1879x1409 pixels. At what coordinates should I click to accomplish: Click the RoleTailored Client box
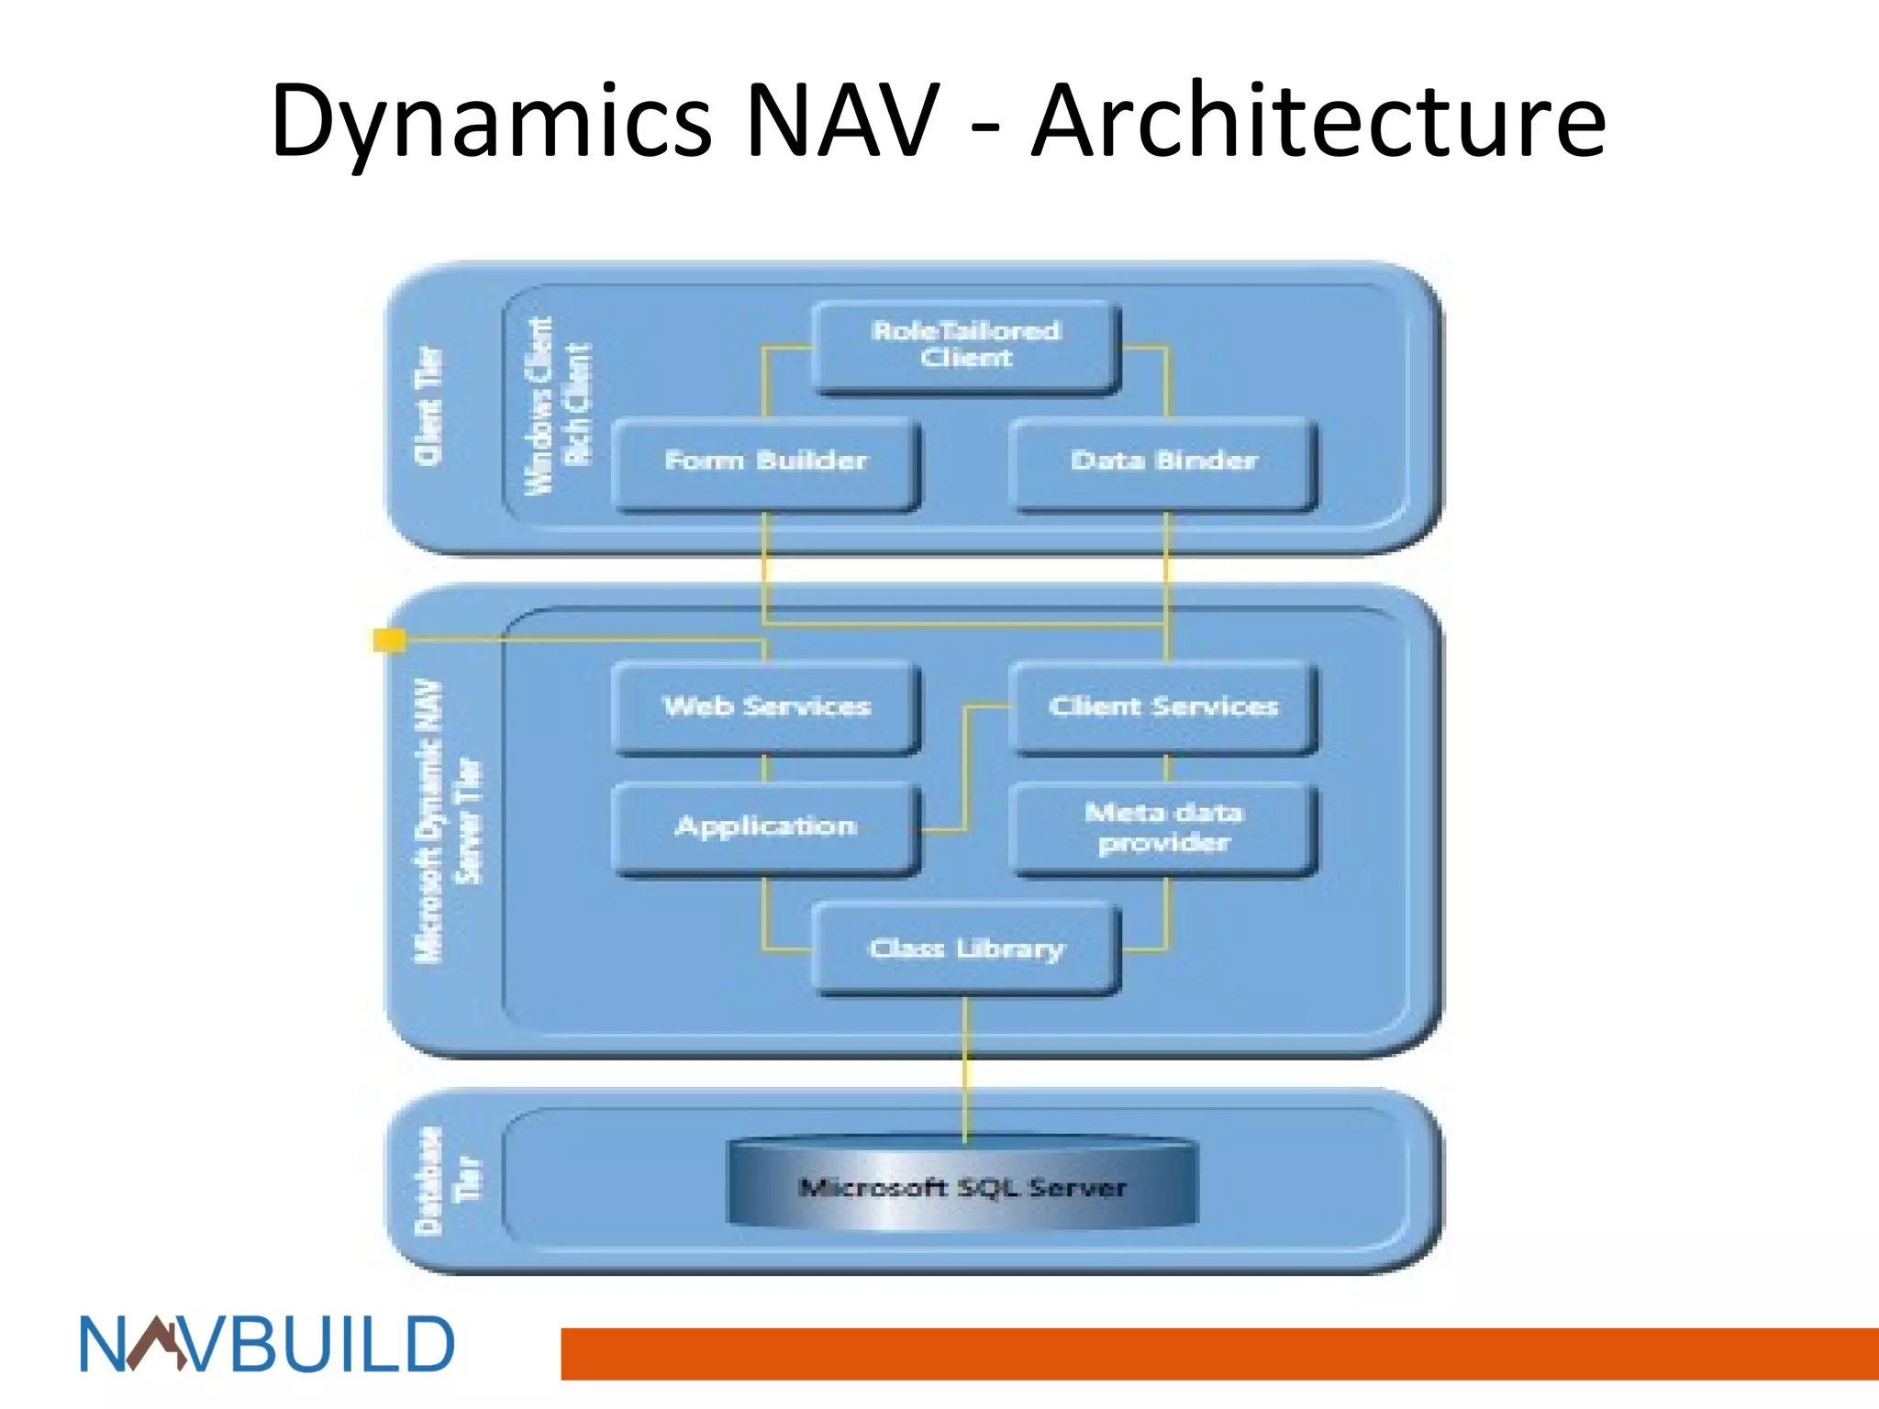966,346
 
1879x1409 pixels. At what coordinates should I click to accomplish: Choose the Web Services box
765,706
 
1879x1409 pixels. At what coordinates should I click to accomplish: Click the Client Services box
1163,706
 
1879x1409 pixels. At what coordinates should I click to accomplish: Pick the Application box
765,827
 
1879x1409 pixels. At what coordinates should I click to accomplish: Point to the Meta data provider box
1163,827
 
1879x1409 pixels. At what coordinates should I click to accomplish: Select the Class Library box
966,949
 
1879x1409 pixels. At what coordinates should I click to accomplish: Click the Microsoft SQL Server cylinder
962,1185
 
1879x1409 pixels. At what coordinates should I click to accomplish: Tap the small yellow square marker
390,639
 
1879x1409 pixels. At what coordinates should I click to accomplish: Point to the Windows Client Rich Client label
558,406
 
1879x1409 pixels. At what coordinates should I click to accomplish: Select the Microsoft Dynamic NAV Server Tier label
448,821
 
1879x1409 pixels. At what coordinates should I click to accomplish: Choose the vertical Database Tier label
448,1180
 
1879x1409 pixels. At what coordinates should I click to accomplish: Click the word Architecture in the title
1318,121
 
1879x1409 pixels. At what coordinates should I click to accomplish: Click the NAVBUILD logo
267,1345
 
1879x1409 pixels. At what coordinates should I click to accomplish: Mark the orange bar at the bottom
1219,1353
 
